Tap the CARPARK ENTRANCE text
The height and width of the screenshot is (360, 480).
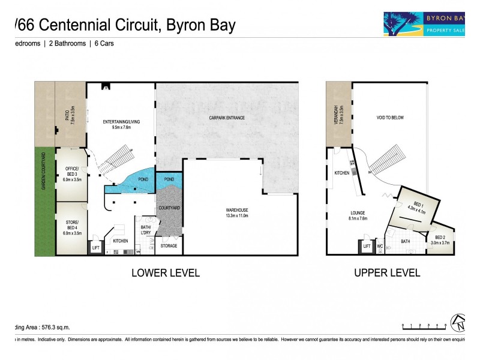coord(227,118)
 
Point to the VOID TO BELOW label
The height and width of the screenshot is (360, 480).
coord(391,118)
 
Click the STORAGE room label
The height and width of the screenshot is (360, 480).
coord(169,246)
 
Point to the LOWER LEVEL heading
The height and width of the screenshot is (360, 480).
coord(166,273)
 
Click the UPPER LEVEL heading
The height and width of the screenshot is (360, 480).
coord(387,273)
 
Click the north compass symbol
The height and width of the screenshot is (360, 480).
coord(459,323)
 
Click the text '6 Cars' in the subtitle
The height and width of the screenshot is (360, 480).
coord(103,44)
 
